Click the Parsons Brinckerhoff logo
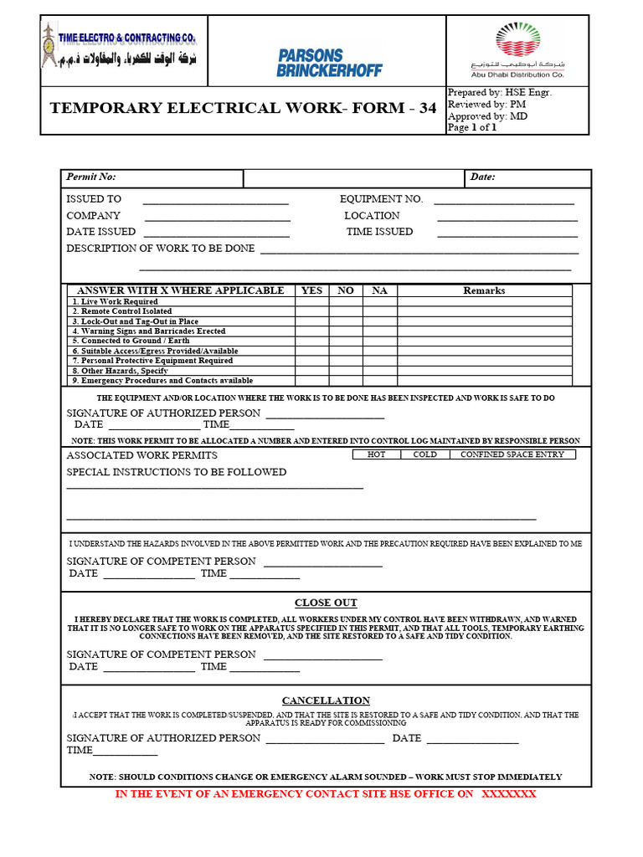click(x=329, y=63)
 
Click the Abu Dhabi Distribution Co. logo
click(x=517, y=50)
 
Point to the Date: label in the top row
click(x=483, y=177)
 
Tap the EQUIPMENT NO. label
click(x=381, y=199)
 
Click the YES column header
click(x=311, y=290)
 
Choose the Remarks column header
click(x=484, y=290)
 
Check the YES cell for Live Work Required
click(x=311, y=301)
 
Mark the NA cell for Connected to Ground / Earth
click(x=379, y=341)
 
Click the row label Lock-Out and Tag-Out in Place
click(x=135, y=321)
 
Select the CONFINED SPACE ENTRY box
click(x=512, y=454)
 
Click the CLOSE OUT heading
click(x=326, y=603)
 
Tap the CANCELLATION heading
click(x=326, y=700)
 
